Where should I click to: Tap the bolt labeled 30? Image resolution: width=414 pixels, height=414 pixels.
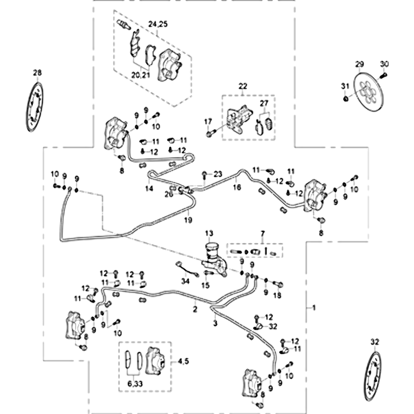[x=384, y=76]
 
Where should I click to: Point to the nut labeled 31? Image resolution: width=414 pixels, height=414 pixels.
[x=345, y=98]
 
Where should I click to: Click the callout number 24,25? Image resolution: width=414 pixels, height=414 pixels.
[x=158, y=24]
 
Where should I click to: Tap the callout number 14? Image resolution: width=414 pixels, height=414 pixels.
[x=150, y=190]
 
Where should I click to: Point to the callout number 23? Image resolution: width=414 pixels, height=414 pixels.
[x=217, y=173]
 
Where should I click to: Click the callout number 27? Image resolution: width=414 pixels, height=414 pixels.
[x=264, y=103]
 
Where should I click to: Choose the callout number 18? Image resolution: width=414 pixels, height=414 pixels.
[x=277, y=295]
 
